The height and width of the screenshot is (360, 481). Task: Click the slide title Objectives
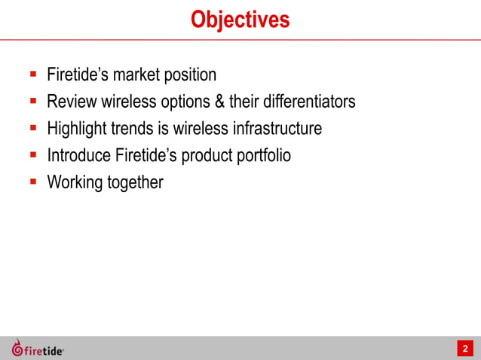(x=240, y=20)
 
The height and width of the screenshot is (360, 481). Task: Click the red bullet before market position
(x=33, y=75)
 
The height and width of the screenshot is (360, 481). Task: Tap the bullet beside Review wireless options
(x=33, y=100)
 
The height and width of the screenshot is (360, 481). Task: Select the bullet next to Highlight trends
(x=33, y=127)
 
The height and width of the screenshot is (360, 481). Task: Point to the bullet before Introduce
(x=33, y=154)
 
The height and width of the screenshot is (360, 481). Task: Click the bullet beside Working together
(x=33, y=182)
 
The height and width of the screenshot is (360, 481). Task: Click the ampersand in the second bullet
(x=213, y=101)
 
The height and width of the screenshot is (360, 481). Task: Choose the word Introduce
(x=79, y=155)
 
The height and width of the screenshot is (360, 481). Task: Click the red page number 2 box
(x=465, y=348)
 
